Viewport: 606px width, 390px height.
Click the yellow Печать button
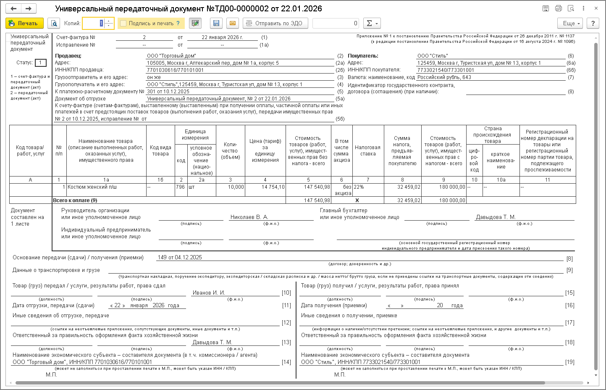tap(24, 23)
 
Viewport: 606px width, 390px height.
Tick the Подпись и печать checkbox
tap(123, 24)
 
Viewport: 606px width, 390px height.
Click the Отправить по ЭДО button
tap(275, 23)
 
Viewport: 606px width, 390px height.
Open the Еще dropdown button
tap(571, 23)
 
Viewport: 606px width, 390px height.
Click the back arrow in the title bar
tap(13, 8)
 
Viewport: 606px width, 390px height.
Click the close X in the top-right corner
tap(596, 8)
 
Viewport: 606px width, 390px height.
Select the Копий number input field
tap(94, 24)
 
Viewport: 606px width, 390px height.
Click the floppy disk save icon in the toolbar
tap(216, 23)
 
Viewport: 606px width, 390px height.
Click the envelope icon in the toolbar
tap(233, 23)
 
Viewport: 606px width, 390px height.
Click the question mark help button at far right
tap(593, 23)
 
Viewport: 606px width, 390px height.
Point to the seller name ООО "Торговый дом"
tap(171, 56)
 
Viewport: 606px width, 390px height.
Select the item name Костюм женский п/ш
tap(92, 187)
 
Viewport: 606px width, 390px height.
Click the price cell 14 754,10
tap(273, 187)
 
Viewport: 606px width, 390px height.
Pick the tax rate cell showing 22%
tap(359, 187)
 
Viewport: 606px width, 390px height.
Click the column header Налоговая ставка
tap(367, 150)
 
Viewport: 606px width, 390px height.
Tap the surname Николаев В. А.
tap(249, 217)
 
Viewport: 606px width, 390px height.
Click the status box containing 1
tap(41, 63)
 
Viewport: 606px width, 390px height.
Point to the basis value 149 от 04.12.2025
tap(180, 258)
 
